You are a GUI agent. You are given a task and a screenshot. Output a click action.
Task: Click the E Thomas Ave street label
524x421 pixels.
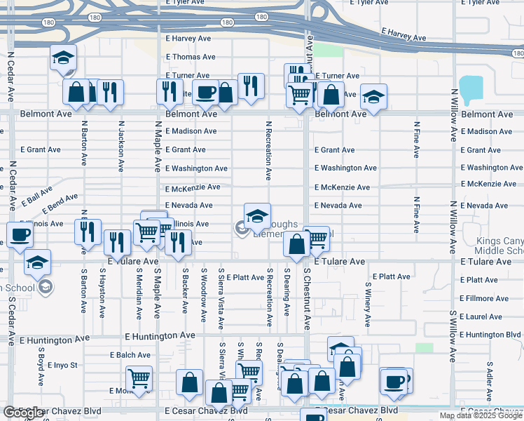pos(191,57)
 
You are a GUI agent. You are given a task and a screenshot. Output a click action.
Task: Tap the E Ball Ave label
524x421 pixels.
pos(36,196)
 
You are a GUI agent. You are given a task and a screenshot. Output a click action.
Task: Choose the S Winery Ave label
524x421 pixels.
pos(367,305)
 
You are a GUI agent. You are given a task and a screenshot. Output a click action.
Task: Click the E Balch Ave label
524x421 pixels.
pos(135,355)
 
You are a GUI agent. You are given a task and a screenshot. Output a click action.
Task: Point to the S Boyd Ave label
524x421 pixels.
pos(41,369)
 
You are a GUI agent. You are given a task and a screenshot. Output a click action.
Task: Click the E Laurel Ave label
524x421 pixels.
pos(481,317)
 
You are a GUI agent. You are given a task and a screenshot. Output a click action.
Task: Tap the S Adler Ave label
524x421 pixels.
pos(488,379)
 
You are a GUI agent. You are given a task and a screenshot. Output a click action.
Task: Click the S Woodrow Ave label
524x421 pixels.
pos(203,295)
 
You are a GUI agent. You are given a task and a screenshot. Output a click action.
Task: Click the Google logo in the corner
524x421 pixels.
pos(23,413)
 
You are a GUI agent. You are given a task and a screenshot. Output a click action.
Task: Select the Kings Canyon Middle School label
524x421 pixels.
pos(499,246)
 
